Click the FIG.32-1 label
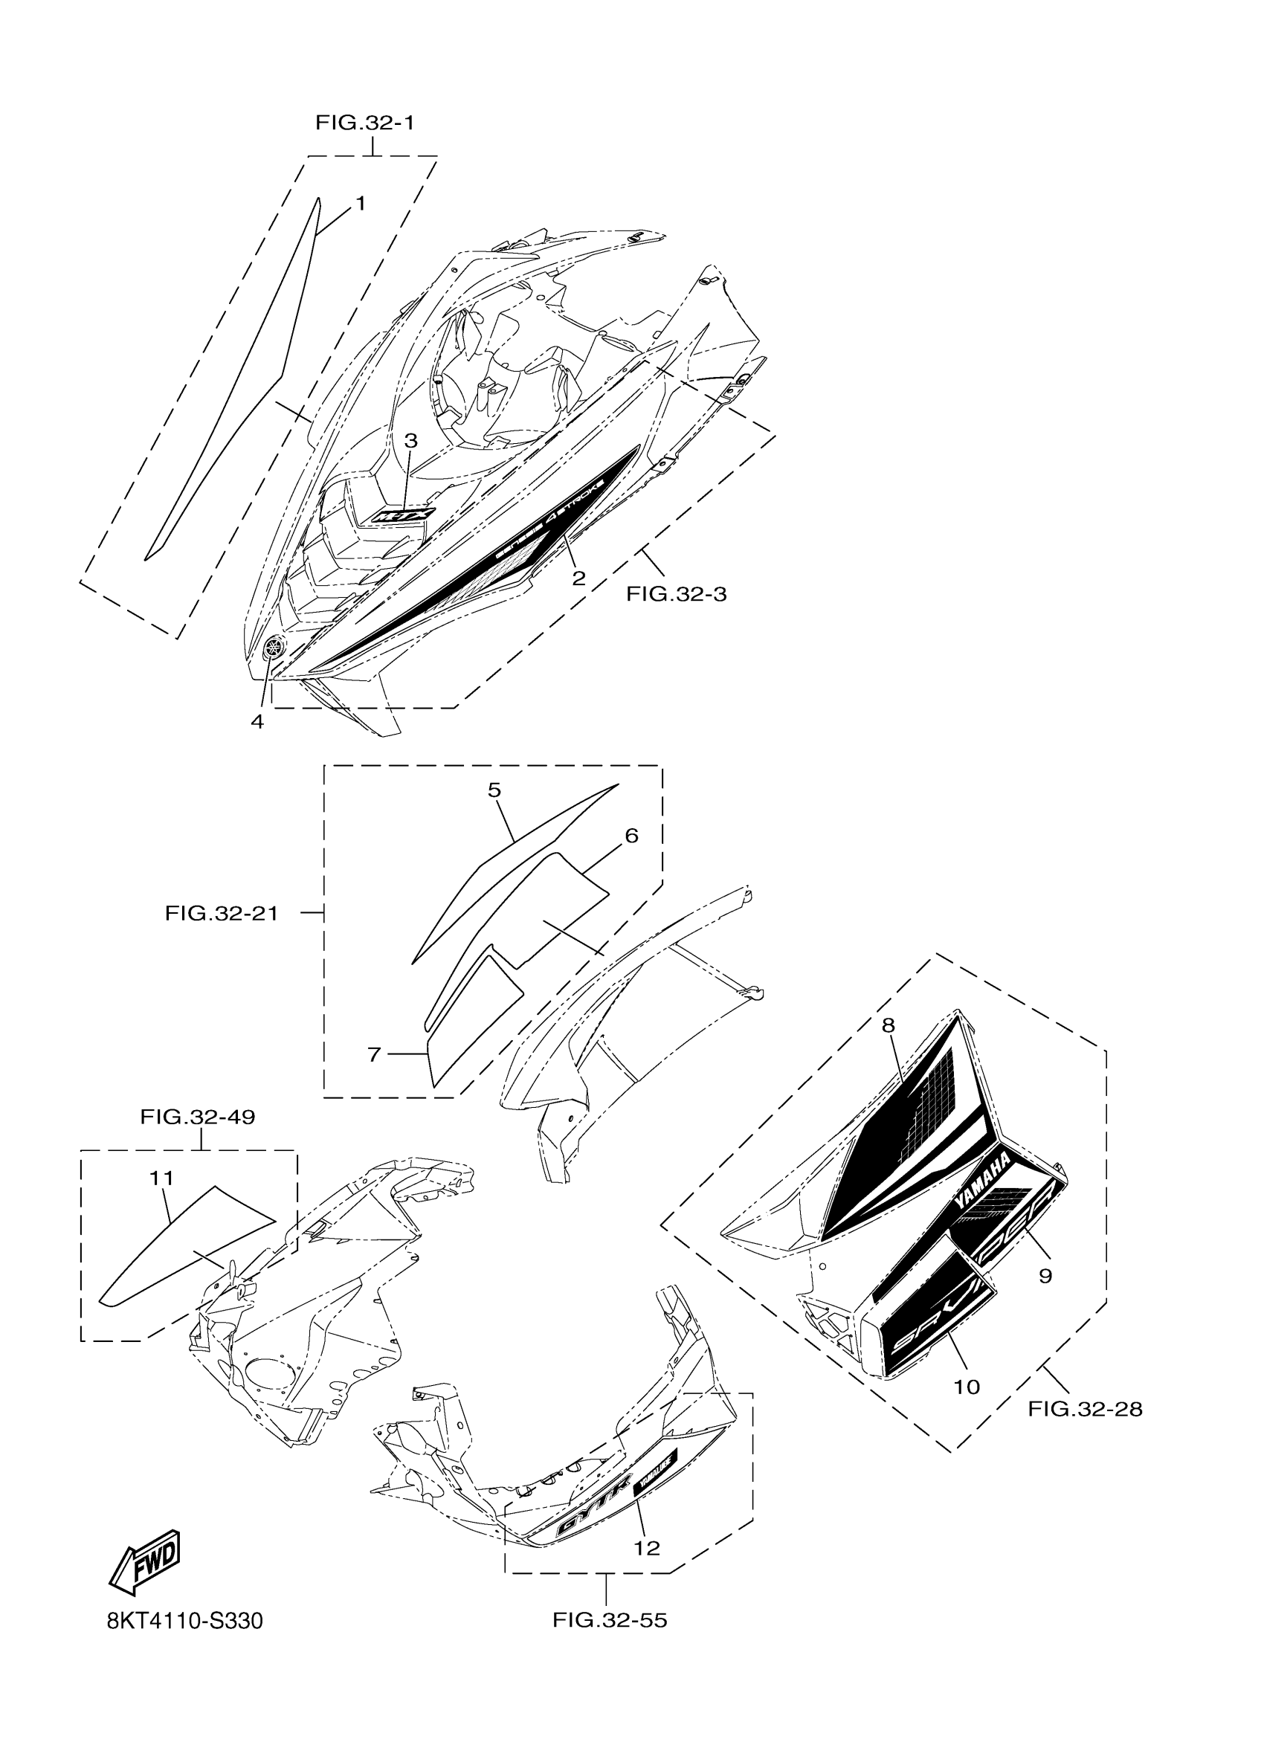click(364, 123)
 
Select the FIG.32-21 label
click(222, 913)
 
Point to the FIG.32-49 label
click(198, 1117)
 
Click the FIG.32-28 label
click(1085, 1409)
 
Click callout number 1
click(359, 204)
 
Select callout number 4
click(257, 722)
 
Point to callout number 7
click(374, 1054)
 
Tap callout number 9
click(1045, 1276)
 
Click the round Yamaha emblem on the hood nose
click(272, 648)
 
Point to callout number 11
click(161, 1178)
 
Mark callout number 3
click(411, 441)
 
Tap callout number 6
click(631, 836)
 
